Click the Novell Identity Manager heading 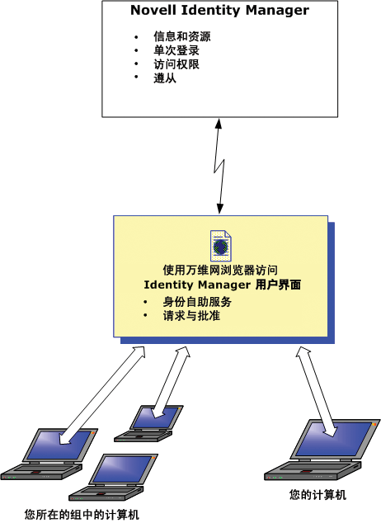tap(220, 12)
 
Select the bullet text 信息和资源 tap(182, 37)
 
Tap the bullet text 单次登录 tap(176, 50)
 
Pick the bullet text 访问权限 tap(176, 64)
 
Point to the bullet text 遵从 tap(164, 78)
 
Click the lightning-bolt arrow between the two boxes tap(220, 165)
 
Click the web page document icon tap(221, 246)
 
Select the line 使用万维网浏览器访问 tap(220, 270)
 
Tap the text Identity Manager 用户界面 tap(221, 285)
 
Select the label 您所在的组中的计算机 tap(82, 514)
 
